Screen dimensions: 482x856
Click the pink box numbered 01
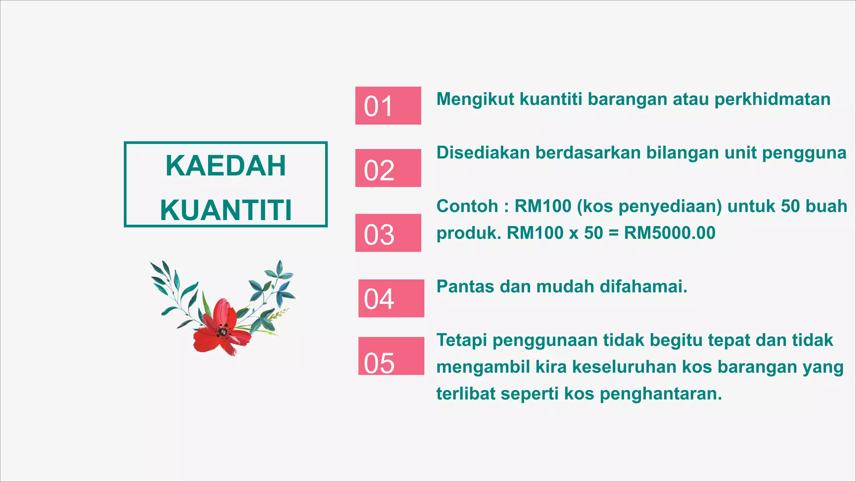pos(388,105)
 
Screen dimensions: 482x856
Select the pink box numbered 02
pos(388,168)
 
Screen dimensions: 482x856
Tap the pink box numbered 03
pos(388,233)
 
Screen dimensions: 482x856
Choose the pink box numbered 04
pos(391,298)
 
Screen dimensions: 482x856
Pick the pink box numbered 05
pos(391,356)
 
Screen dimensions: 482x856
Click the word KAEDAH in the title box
pos(226,166)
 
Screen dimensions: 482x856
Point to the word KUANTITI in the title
pos(226,210)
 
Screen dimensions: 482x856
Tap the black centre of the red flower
pos(222,332)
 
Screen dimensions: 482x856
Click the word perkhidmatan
pos(772,100)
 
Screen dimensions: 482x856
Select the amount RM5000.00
pos(670,233)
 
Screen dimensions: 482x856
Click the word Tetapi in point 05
pos(461,341)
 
